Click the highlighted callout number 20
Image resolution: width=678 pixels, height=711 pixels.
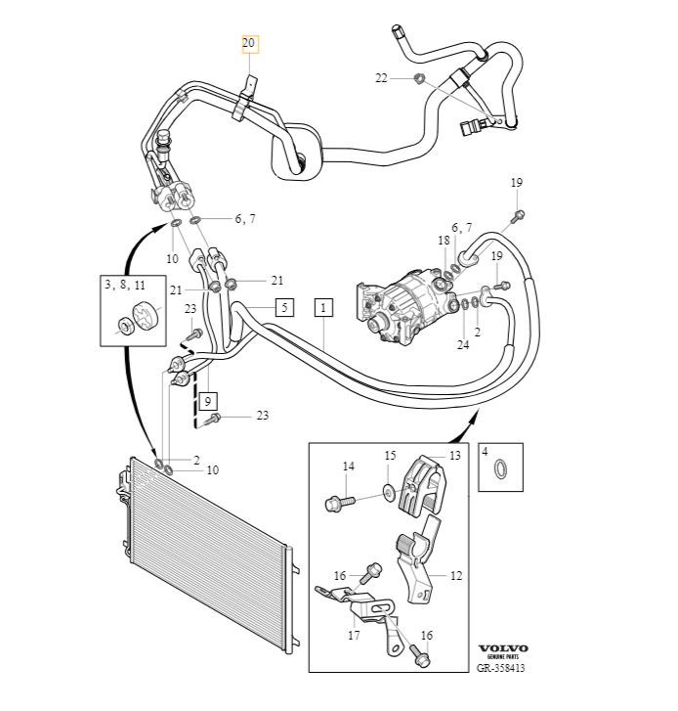249,43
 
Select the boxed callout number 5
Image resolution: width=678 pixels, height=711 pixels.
283,307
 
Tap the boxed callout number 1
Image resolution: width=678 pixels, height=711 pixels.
323,307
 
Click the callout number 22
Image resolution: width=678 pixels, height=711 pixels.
381,77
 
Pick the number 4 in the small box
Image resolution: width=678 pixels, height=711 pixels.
485,452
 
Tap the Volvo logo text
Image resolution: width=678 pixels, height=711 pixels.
502,648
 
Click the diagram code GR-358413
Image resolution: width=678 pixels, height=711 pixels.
502,669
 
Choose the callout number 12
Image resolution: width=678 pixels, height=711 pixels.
455,576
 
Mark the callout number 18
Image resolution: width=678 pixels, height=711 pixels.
444,241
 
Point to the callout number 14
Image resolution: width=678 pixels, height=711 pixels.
347,467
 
